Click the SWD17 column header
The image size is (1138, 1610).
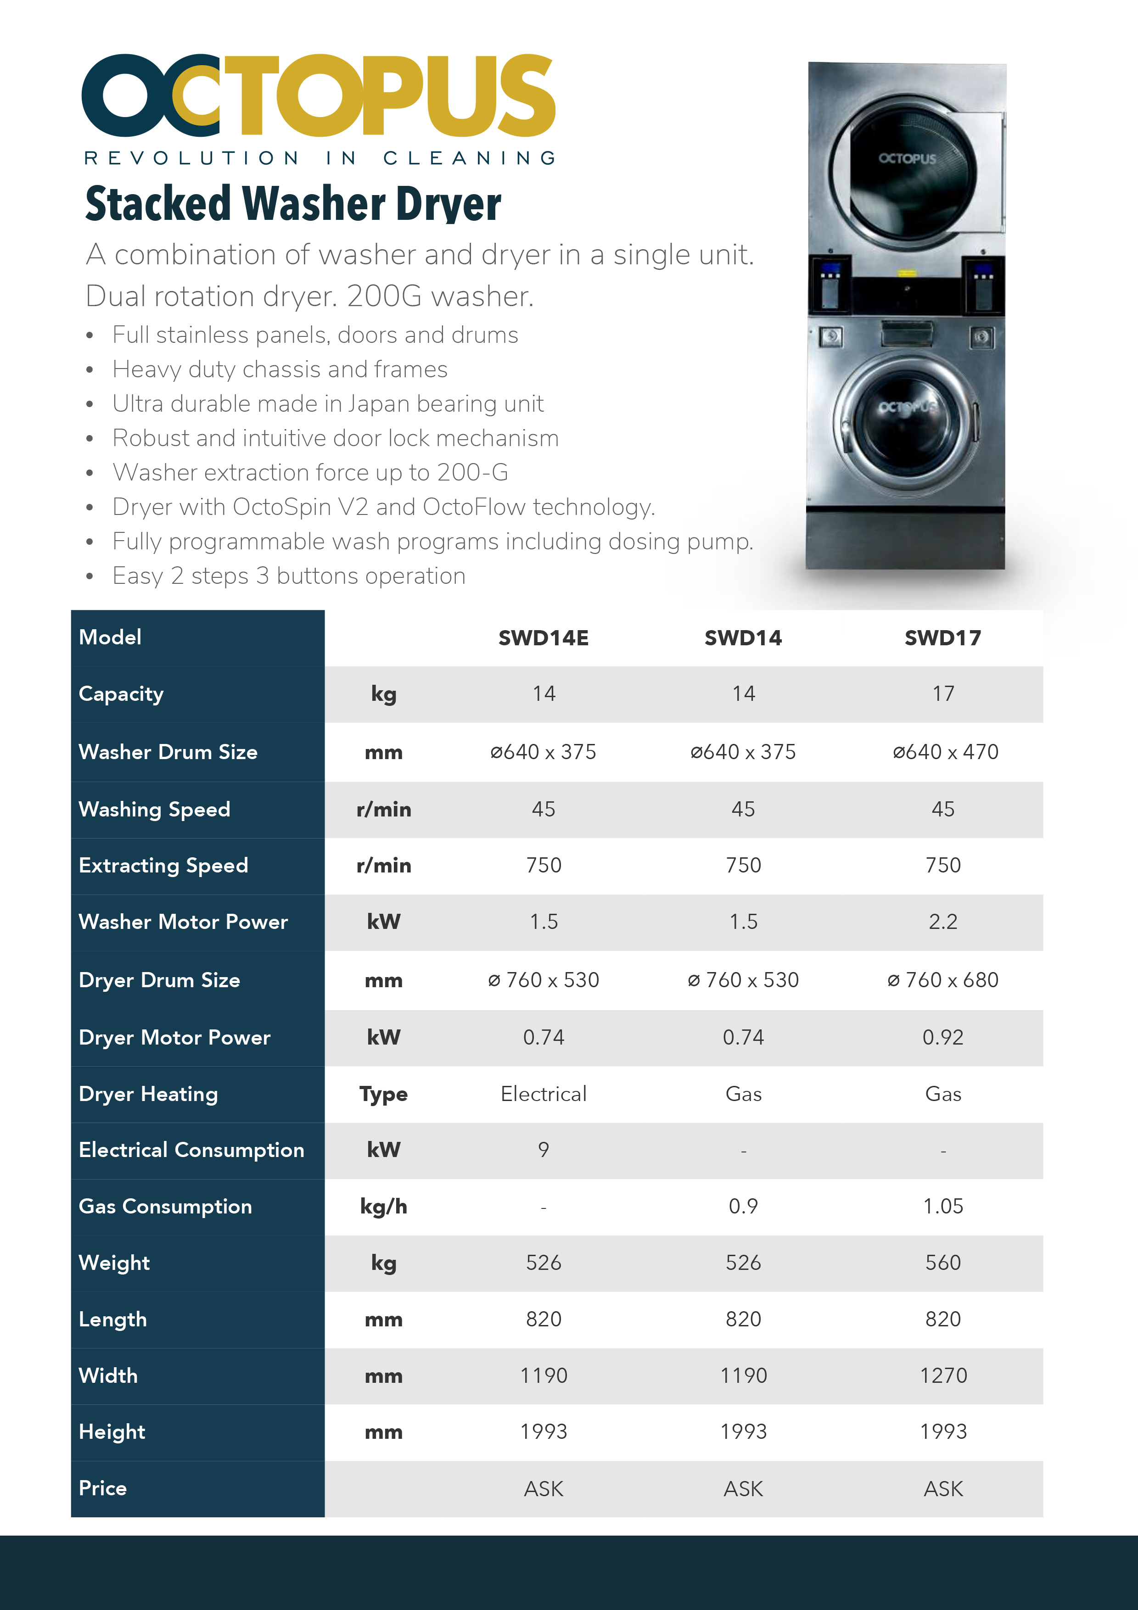(942, 637)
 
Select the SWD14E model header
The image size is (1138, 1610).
(544, 637)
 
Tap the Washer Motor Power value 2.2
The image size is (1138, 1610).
(942, 922)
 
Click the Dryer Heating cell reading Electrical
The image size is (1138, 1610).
(544, 1094)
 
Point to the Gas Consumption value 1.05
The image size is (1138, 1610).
(942, 1206)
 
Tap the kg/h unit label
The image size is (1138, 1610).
(383, 1207)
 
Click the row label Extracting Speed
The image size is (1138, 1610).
(163, 865)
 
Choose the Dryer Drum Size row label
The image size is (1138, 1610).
(159, 979)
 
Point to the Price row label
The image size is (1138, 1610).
(103, 1488)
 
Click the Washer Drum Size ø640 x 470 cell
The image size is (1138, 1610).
(944, 752)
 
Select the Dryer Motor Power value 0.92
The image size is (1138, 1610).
(942, 1037)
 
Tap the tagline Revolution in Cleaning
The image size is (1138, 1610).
(320, 158)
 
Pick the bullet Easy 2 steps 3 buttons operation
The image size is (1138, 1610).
(289, 576)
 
